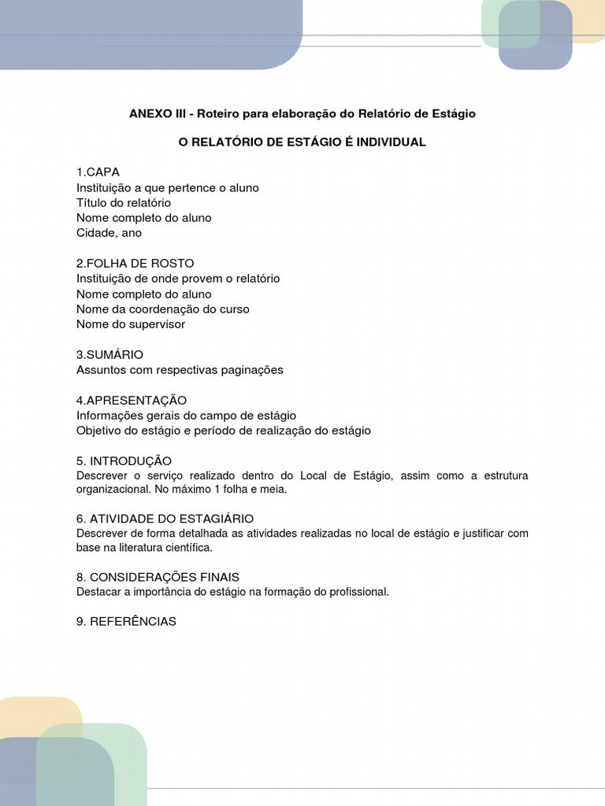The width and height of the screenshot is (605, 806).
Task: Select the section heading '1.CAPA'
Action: (x=98, y=172)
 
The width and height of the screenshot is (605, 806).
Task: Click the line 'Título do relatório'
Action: (x=124, y=202)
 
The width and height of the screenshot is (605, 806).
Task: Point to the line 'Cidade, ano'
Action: (x=109, y=233)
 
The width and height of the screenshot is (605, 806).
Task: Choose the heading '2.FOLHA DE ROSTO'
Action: (x=135, y=263)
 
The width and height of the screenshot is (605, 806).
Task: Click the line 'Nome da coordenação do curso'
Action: (x=162, y=309)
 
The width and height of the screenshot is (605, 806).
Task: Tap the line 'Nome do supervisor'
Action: (x=131, y=324)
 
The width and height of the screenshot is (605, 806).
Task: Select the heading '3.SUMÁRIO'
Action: (x=109, y=355)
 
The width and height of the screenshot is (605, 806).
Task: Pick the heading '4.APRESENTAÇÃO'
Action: (x=132, y=401)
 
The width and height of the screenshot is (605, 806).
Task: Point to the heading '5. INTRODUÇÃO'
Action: (x=124, y=460)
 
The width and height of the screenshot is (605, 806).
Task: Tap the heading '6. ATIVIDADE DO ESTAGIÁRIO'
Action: (x=165, y=519)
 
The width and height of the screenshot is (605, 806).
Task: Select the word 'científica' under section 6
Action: (x=187, y=547)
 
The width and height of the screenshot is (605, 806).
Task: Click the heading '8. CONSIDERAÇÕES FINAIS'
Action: (x=158, y=577)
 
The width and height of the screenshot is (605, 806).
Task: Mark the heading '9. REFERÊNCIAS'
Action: (x=126, y=622)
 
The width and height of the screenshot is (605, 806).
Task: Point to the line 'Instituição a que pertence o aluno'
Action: (x=167, y=187)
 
